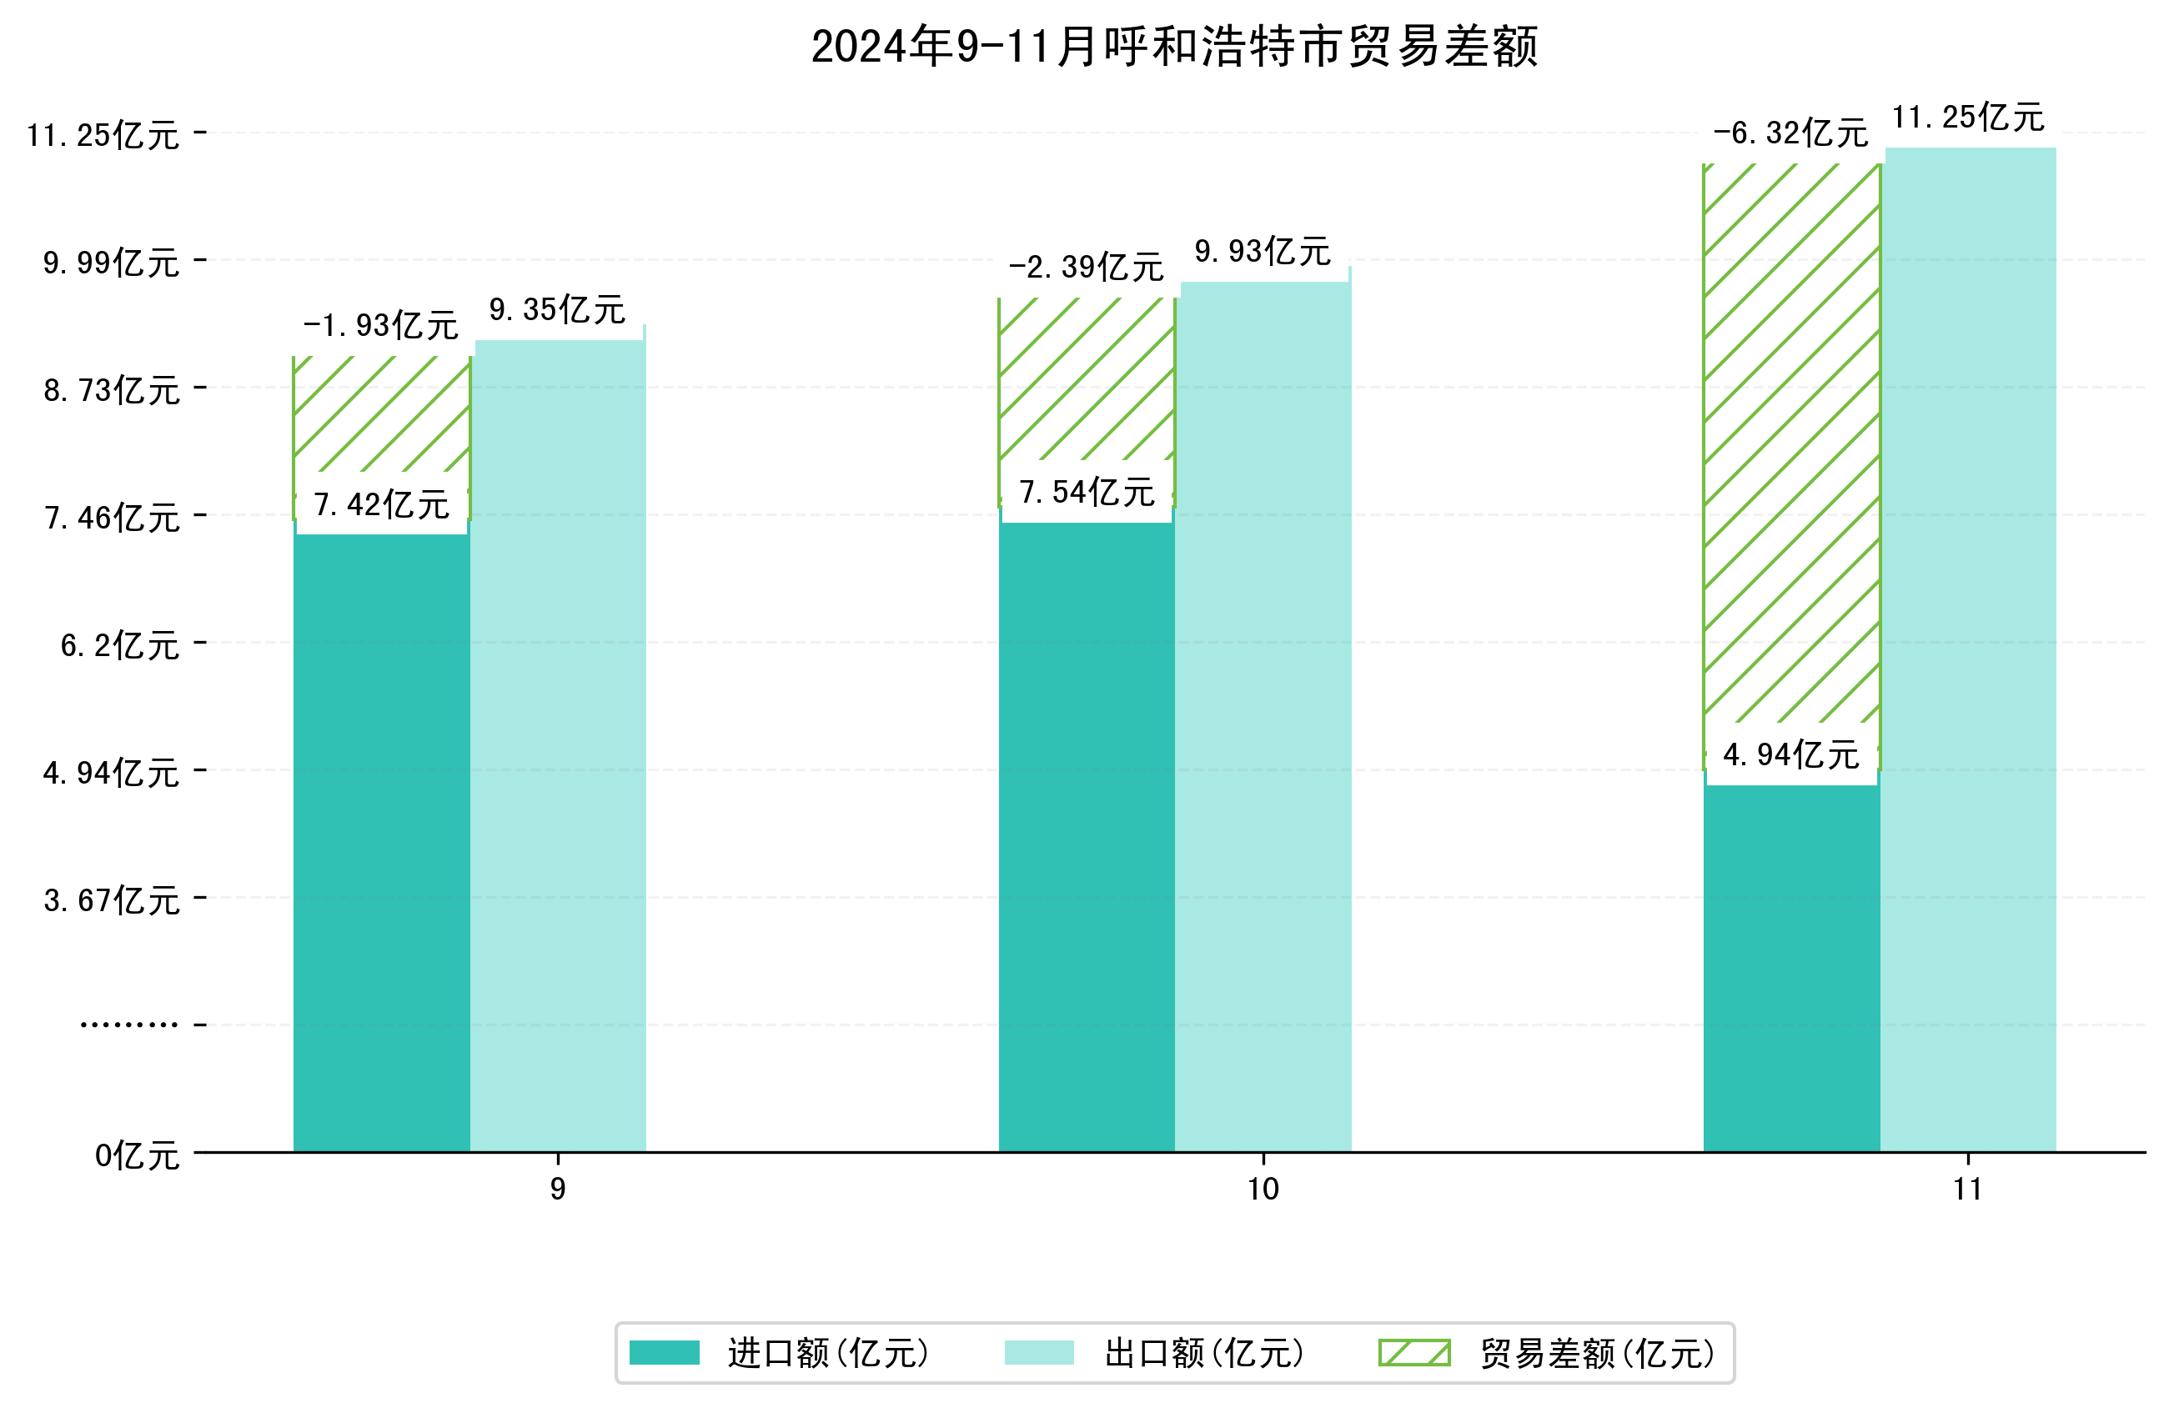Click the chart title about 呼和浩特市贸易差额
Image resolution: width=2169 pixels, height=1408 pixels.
point(1174,47)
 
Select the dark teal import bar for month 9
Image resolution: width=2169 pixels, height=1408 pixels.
point(381,839)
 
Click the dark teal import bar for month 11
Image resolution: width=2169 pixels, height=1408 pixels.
point(1790,966)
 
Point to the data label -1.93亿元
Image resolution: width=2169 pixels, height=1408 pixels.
point(380,325)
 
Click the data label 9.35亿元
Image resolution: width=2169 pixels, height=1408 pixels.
point(557,310)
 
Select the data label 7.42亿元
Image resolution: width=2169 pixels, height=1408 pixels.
point(381,504)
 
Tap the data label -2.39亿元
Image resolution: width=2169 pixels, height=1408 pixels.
point(1086,267)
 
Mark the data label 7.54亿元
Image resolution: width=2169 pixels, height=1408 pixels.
point(1087,492)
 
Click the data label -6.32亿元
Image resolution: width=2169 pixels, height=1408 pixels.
point(1790,133)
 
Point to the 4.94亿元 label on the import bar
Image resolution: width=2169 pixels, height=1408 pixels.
point(1790,754)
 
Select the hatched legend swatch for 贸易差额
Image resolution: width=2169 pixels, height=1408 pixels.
point(1413,1353)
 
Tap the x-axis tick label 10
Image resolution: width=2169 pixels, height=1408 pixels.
point(1263,1190)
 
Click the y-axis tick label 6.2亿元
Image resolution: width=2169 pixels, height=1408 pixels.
point(119,645)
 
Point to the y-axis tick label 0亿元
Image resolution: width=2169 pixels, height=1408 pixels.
point(137,1155)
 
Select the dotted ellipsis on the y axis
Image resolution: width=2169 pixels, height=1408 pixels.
point(128,1025)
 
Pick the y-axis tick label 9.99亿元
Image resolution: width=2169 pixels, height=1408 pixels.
point(111,263)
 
